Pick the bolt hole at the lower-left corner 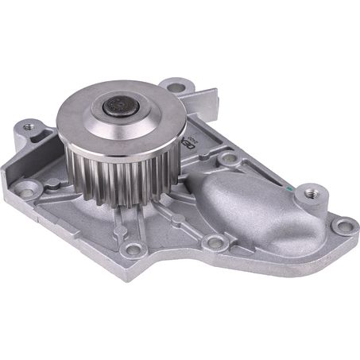pos(31,190)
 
